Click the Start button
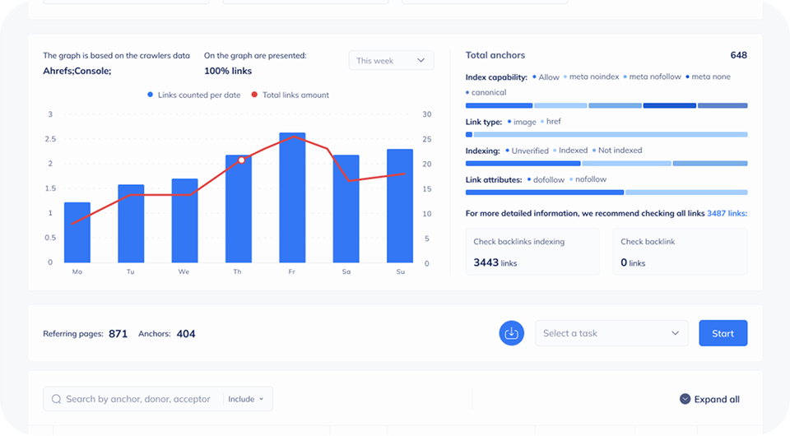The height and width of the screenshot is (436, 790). click(x=723, y=333)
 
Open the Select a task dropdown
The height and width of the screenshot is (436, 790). click(x=611, y=333)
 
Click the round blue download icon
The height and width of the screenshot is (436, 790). click(x=511, y=333)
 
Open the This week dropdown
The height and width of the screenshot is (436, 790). click(x=391, y=61)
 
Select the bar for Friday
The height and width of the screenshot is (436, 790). click(x=292, y=197)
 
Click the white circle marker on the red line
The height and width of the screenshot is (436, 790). click(x=241, y=160)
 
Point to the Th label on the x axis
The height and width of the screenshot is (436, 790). click(x=238, y=271)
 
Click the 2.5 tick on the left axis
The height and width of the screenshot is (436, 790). click(x=50, y=139)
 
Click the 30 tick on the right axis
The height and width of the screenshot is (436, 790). click(x=425, y=114)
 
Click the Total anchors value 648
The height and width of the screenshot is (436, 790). click(x=738, y=55)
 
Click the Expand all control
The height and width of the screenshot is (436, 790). click(x=709, y=399)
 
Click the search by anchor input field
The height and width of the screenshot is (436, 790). click(x=137, y=399)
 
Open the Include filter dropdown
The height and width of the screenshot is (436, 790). click(x=246, y=399)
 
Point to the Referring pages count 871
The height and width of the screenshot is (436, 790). click(x=118, y=334)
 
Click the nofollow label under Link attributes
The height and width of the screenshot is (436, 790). click(x=590, y=179)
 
